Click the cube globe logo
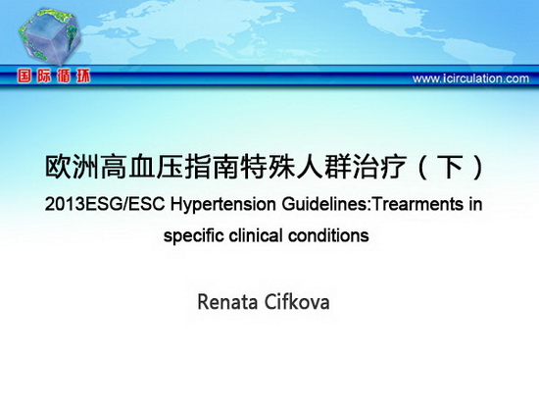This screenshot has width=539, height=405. [x=50, y=36]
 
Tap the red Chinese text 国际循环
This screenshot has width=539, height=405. [x=54, y=76]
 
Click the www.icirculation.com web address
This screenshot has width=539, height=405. [x=470, y=78]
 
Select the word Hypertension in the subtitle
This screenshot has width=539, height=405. [x=223, y=204]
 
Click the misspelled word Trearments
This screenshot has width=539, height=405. [x=416, y=204]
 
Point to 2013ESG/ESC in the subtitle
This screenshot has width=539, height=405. [x=105, y=204]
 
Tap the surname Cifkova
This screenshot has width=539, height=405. [x=297, y=302]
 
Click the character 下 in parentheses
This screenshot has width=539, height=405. [x=449, y=168]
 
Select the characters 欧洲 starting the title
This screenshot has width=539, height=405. [x=73, y=168]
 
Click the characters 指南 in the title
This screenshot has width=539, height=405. [x=212, y=168]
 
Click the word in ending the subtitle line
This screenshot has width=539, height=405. [x=475, y=204]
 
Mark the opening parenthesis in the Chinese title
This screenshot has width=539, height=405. [x=422, y=168]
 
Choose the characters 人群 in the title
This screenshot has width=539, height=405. [x=323, y=168]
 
